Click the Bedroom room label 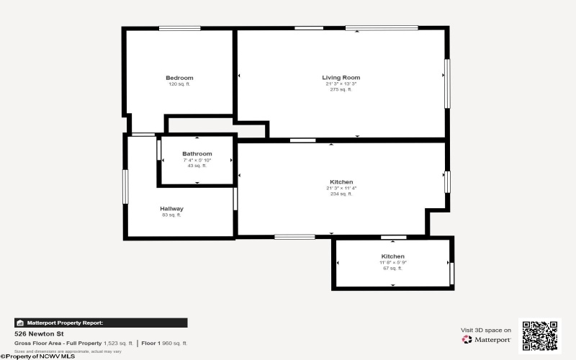coord(179,78)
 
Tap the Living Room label coord(341,77)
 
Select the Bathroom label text coord(197,153)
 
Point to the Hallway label coord(171,209)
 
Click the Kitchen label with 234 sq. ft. coord(341,181)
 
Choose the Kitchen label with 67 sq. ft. coord(392,256)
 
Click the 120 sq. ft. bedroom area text coord(179,84)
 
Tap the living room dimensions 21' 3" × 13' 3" coord(341,84)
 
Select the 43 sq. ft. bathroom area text coord(197,166)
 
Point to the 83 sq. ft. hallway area coord(171,215)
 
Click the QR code coord(539,336)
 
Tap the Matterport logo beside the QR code coord(487,339)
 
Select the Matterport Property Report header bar coord(101,323)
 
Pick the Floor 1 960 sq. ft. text coord(164,343)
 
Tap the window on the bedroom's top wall coord(179,28)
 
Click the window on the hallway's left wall coord(125,186)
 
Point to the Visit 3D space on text coord(486,330)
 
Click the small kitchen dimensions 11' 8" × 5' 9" coord(392,263)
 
